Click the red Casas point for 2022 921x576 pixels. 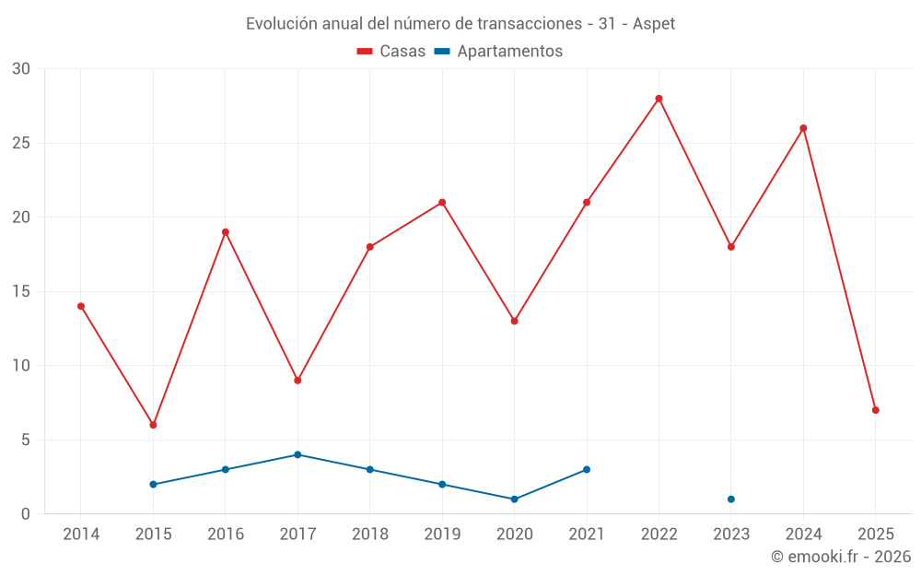659,99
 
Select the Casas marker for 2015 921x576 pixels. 153,425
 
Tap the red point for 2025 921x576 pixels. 875,410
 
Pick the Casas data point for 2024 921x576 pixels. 803,128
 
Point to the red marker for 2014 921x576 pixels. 81,306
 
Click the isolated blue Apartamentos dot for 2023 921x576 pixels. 730,500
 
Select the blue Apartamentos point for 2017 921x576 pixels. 297,454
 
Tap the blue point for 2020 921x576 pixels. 514,500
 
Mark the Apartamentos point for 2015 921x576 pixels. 153,484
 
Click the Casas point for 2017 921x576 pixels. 297,381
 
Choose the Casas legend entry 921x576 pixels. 391,52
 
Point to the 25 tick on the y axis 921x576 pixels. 21,143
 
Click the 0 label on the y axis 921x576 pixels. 26,513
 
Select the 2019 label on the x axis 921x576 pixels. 442,534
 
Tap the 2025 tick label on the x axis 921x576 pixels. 875,534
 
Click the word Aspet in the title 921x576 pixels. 654,24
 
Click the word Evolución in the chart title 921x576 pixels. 280,24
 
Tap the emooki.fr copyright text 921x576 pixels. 841,557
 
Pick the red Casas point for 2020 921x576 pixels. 514,321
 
